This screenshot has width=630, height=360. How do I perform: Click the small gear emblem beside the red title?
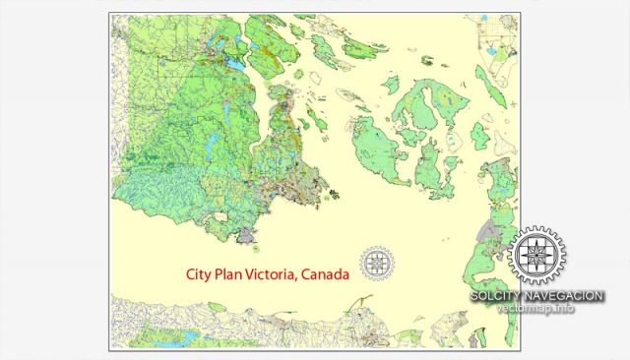(x=376, y=264)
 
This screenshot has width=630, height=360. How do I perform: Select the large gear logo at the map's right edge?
(x=536, y=257)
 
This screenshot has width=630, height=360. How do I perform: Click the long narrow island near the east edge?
(x=489, y=86)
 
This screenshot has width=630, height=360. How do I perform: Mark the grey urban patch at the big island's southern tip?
(x=246, y=235)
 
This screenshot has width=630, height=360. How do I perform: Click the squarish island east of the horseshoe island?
(x=479, y=136)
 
